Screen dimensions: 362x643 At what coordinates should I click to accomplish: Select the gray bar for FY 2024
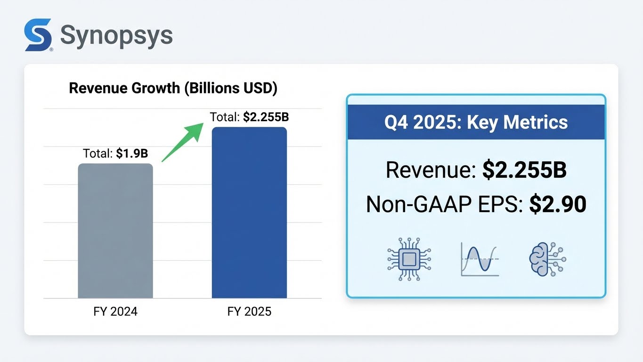[x=115, y=230]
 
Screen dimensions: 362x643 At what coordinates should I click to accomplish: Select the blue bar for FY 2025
[x=249, y=212]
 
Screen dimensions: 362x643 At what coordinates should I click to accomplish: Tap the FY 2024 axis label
[x=115, y=312]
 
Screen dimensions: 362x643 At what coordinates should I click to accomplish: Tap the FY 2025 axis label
[x=249, y=312]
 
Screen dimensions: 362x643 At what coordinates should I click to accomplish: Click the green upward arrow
[x=183, y=142]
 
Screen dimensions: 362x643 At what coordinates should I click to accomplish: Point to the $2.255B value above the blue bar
[x=266, y=117]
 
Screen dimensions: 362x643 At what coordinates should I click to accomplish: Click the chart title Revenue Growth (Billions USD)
[x=173, y=89]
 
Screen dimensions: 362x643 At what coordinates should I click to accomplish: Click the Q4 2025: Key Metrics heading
[x=476, y=122]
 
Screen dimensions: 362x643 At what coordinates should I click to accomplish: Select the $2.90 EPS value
[x=558, y=205]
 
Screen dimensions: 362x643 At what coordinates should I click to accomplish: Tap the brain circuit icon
[x=546, y=259]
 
